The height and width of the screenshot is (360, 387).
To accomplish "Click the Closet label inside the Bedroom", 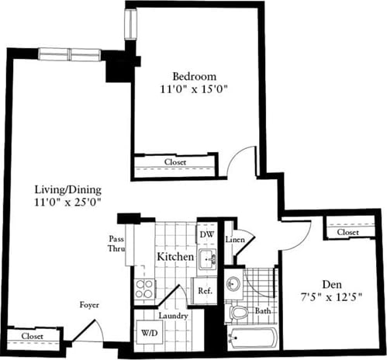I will tap(176, 162).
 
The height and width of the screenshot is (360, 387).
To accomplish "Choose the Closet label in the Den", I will tap(347, 232).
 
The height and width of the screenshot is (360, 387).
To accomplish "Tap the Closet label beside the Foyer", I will tap(32, 336).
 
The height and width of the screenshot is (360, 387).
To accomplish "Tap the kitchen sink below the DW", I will tap(207, 259).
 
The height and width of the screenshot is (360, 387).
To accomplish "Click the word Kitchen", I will tap(175, 256).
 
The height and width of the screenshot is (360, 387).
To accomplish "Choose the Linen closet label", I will tap(236, 239).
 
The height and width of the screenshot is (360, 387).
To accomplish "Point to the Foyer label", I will tap(90, 305).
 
